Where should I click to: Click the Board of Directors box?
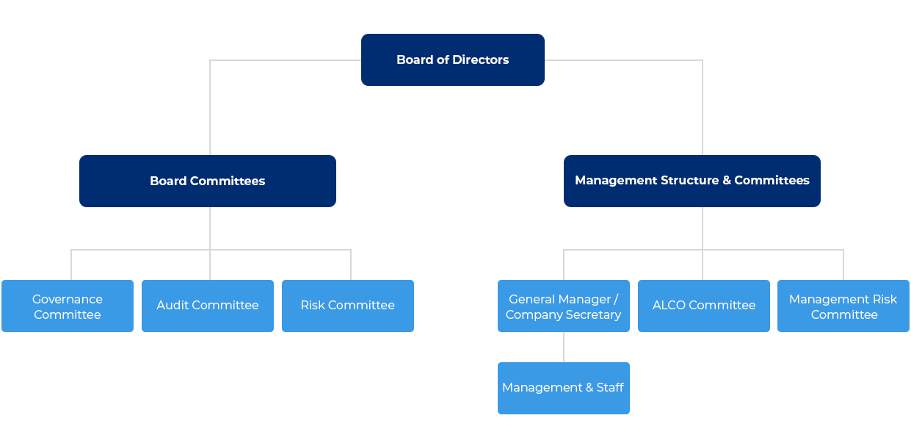452,60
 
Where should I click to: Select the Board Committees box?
207,181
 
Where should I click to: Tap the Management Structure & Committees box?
692,181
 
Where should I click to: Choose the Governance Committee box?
68,306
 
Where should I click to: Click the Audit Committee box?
208,306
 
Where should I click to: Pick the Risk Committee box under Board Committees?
347,306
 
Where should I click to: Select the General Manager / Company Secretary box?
563,306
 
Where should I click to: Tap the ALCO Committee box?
703,306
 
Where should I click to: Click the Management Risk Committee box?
843,306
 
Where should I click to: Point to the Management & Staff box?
563,388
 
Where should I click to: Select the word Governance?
68,299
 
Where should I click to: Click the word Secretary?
592,314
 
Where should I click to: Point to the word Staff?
610,387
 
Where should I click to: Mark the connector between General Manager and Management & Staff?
564,347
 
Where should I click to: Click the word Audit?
172,305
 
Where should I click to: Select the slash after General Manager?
616,299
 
